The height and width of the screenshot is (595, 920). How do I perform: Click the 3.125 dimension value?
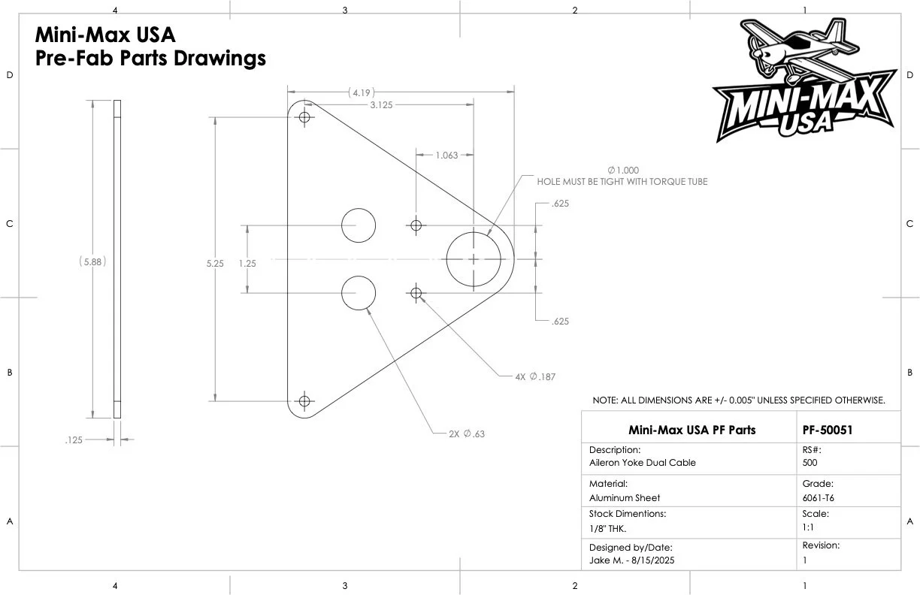pos(381,105)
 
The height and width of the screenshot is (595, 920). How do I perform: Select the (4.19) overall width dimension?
pos(362,93)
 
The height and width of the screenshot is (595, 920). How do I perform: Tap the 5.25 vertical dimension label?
pos(215,264)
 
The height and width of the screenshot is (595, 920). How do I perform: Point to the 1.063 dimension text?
pos(446,156)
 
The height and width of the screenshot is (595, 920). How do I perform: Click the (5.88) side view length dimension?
pos(92,261)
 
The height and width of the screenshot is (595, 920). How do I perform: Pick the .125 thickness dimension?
pos(74,440)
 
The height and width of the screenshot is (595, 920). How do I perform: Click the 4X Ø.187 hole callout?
pos(535,376)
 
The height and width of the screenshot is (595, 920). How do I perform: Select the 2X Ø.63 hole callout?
pos(467,433)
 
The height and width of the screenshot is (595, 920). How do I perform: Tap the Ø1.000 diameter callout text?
pos(623,170)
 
